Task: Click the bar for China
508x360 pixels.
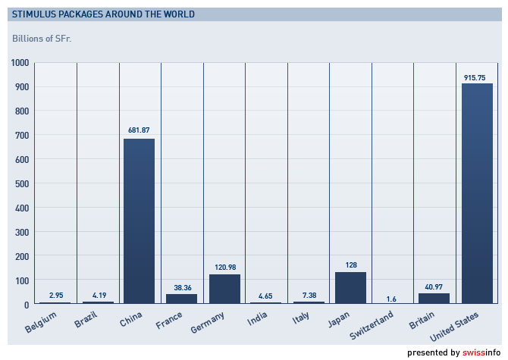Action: click(140, 221)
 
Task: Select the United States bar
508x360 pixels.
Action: click(477, 194)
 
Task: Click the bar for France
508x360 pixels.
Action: click(182, 299)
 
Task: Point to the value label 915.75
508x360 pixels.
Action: click(477, 77)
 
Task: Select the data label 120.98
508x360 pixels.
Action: click(224, 267)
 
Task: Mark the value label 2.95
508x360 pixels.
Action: click(56, 295)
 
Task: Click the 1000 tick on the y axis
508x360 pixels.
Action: click(20, 63)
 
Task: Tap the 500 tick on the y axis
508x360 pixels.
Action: click(22, 184)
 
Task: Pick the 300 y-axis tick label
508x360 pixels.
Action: click(22, 233)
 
